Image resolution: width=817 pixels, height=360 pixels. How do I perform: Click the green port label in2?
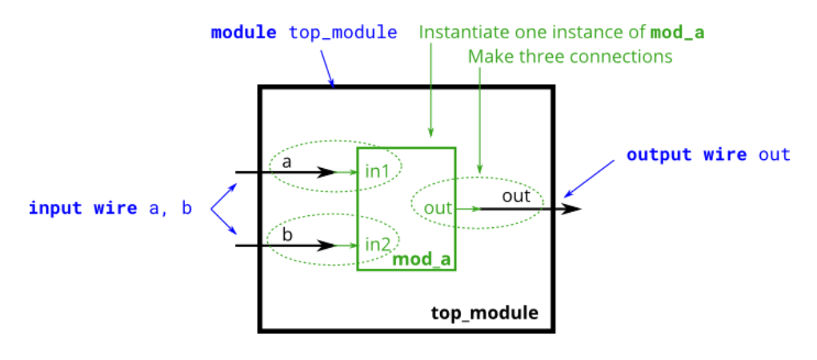[x=377, y=243]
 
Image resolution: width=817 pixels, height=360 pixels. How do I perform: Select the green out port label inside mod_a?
[x=439, y=208]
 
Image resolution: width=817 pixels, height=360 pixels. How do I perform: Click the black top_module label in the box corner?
[x=485, y=312]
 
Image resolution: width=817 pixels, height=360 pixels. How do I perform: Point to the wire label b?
[x=286, y=235]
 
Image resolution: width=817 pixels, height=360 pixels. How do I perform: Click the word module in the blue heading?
[x=243, y=34]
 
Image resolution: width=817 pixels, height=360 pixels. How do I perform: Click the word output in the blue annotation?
[x=659, y=154]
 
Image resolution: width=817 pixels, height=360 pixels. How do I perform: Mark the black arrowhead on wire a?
[x=326, y=172]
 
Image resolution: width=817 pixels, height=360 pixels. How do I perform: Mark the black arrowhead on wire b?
[x=326, y=246]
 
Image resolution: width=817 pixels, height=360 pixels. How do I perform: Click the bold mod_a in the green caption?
[x=677, y=33]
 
